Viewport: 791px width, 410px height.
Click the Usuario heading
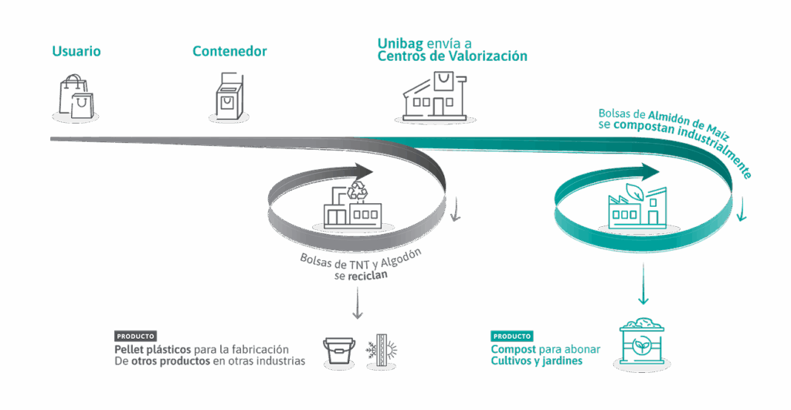76,53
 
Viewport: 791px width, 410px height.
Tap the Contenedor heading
229,53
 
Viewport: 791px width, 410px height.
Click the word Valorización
494,56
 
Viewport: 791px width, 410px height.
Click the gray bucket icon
338,351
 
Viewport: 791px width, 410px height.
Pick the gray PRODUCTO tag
135,337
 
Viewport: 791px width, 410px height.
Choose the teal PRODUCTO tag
511,337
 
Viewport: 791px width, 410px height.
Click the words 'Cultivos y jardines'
535,361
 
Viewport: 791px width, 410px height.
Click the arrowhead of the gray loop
363,171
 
